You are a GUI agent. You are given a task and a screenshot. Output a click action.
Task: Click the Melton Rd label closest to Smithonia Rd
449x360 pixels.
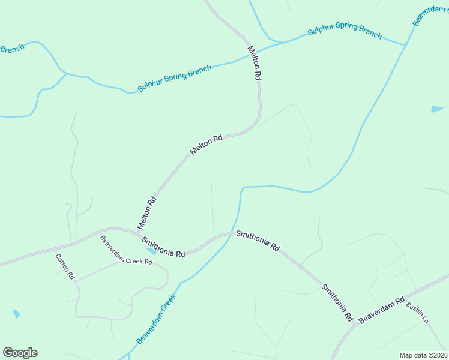[x=147, y=213]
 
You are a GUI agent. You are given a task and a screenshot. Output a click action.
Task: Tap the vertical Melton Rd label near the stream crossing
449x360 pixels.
[x=255, y=63]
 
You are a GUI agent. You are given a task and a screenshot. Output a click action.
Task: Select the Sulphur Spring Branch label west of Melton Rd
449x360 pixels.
[x=175, y=79]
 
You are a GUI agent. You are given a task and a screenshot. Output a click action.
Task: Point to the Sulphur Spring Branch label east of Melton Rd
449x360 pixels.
[x=345, y=31]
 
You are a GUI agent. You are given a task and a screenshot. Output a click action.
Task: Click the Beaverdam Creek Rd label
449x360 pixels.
[x=127, y=254]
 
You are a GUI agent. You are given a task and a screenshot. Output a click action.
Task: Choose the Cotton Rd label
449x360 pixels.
[x=65, y=267]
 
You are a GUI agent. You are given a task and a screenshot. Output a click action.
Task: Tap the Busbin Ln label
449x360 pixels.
[x=417, y=313]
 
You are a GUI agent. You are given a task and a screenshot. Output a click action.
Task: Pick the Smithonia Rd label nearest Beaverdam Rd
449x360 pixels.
[x=337, y=303]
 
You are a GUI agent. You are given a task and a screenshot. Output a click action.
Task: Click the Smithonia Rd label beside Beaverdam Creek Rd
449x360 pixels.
[x=163, y=247]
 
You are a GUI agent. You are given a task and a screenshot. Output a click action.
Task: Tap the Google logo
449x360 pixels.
[x=20, y=353]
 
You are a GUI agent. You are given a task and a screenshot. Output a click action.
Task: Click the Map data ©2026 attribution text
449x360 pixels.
[x=423, y=355]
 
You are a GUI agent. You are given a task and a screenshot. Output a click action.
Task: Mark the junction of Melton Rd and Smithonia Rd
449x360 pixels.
[x=133, y=230]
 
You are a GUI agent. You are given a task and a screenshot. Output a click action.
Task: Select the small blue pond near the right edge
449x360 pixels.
[x=437, y=109]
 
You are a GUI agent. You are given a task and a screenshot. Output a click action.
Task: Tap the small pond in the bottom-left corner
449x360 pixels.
[x=16, y=314]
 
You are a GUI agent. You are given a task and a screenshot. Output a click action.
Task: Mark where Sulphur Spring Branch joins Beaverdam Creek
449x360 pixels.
[x=406, y=44]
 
